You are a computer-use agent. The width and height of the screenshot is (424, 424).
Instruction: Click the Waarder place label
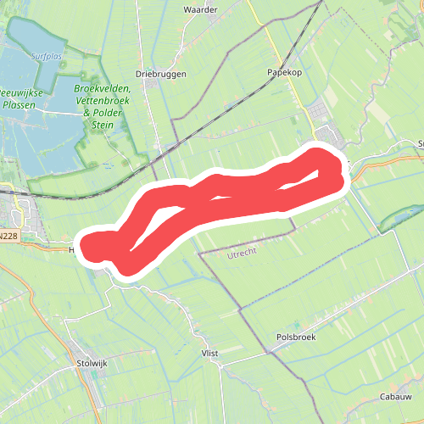(200, 10)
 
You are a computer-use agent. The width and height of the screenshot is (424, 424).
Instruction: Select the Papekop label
(285, 73)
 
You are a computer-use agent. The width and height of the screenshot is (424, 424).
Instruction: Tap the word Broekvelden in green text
(102, 88)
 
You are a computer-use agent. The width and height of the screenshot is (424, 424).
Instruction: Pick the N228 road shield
(10, 237)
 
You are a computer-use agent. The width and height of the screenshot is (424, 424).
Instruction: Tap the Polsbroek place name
(296, 337)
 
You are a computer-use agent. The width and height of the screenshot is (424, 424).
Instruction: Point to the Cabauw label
(395, 396)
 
